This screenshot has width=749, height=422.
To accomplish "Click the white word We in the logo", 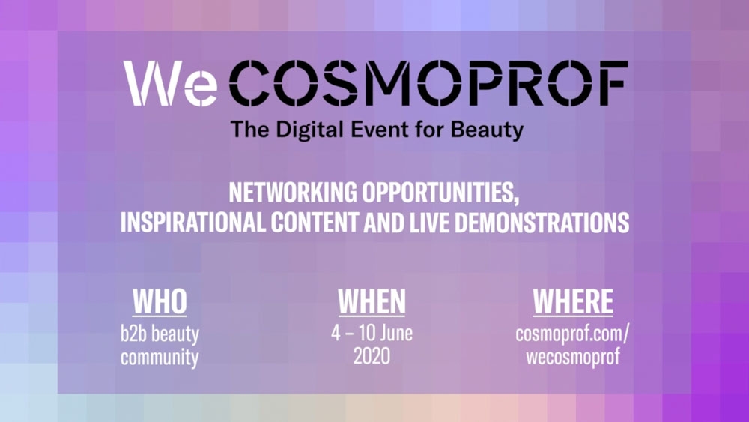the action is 171,84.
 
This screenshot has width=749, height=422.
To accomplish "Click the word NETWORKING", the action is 293,192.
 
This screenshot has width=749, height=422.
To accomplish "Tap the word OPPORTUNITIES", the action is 440,193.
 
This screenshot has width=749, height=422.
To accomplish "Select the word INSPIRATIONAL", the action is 193,222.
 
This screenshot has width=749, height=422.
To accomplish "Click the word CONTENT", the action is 315,222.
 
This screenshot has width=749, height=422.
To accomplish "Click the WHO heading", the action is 160,301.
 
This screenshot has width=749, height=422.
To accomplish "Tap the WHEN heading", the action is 372,301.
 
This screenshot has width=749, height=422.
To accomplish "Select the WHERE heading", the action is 573,301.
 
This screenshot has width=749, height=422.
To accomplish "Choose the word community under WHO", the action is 160,358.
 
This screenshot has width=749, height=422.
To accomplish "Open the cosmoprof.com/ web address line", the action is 573,334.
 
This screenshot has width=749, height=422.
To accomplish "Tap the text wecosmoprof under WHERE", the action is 573,357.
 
